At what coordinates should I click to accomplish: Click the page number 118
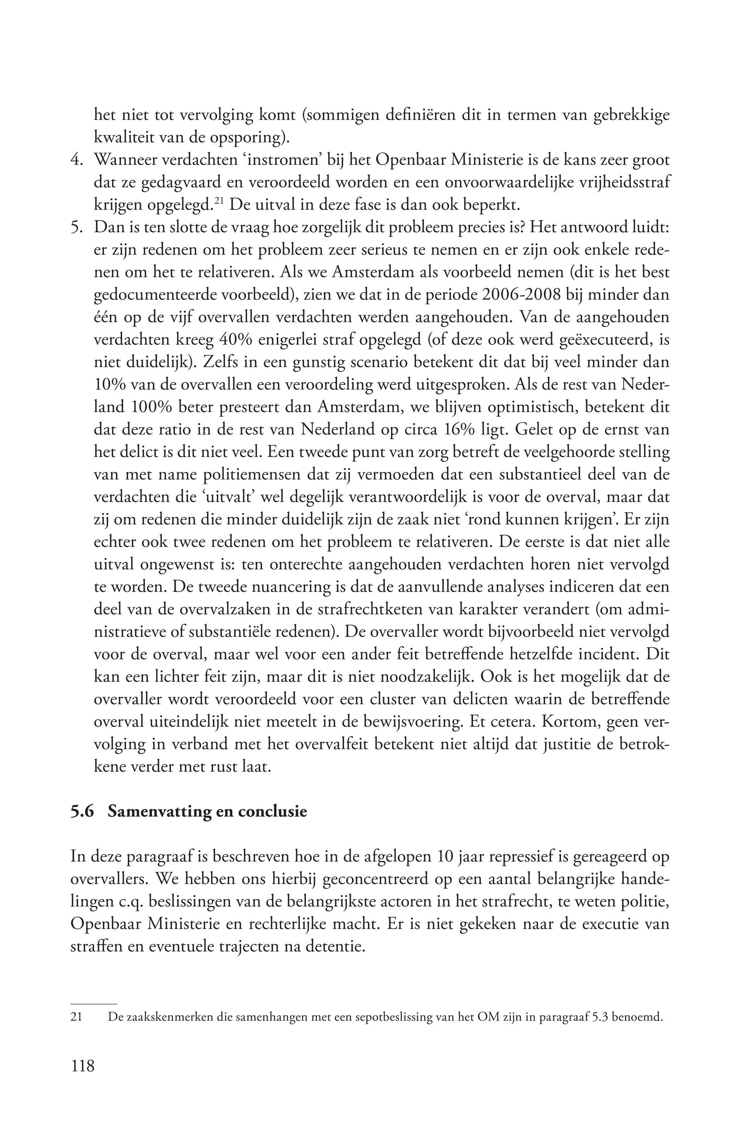(83, 1065)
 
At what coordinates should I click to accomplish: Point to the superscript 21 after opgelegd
(219, 201)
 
